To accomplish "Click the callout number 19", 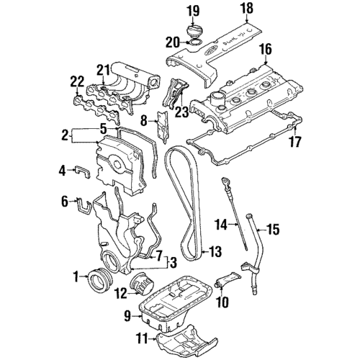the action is click(x=194, y=12).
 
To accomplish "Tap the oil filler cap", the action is click(x=194, y=32).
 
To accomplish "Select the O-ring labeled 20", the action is click(x=194, y=42).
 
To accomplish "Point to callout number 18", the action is click(x=247, y=9).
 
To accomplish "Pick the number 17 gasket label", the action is click(x=295, y=142).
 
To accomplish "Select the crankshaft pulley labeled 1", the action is click(x=100, y=281).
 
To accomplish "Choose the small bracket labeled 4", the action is click(x=83, y=172).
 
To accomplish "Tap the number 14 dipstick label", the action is click(x=220, y=225).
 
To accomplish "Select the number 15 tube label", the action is click(x=273, y=230).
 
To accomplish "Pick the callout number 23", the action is click(x=181, y=112).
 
